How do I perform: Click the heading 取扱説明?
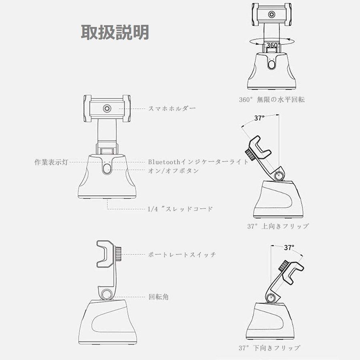coord(115,33)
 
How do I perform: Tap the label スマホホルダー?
coord(172,108)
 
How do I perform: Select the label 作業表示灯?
coord(52,162)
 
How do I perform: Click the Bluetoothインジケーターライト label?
coord(198,162)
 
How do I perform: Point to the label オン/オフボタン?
coord(173,170)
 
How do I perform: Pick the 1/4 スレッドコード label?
coord(180,208)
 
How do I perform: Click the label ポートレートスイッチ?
coord(182,254)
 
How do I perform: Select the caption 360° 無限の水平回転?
coord(272,100)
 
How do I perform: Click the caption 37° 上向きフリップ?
coord(278,226)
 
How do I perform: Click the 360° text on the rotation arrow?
coord(272,45)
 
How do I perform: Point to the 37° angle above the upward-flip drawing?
coord(260,118)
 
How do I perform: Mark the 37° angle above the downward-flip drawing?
coord(289,247)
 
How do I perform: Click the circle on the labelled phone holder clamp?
coord(107,108)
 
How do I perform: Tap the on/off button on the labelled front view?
coord(107,169)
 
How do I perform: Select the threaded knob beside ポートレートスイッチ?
coord(120,254)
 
